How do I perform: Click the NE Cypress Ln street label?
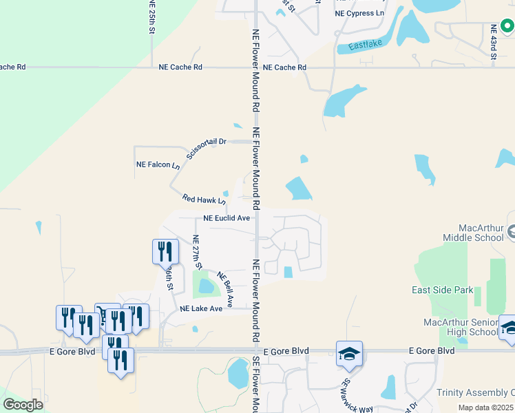click(359, 13)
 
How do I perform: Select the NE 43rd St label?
click(494, 41)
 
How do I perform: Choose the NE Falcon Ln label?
click(158, 165)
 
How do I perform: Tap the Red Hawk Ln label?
click(204, 200)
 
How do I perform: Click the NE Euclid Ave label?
click(227, 218)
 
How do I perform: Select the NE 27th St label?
click(197, 252)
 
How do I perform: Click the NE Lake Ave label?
click(201, 309)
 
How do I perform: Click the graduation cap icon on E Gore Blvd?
click(349, 354)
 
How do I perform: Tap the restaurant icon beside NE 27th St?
click(165, 251)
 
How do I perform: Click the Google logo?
click(23, 405)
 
